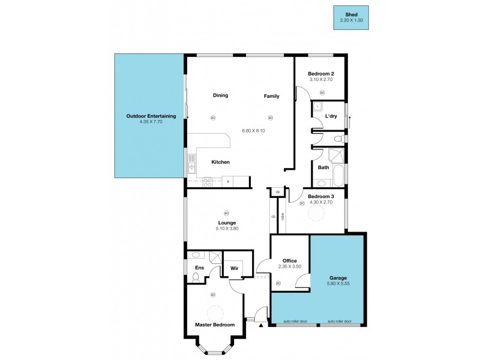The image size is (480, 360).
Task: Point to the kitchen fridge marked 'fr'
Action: tap(228, 179)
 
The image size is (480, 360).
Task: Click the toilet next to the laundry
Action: tap(338, 139)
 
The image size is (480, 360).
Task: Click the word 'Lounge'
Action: tap(226, 223)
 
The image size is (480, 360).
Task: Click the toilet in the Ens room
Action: tap(195, 277)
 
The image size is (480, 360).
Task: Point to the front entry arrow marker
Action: tap(261, 326)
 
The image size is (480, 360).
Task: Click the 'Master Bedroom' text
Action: tap(214, 325)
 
